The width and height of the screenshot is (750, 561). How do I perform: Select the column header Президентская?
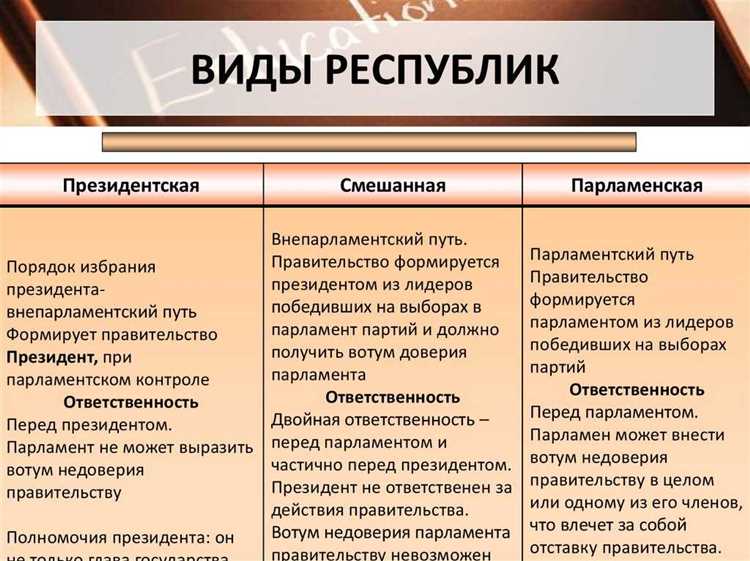[131, 186]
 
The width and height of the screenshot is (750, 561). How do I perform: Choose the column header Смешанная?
[393, 186]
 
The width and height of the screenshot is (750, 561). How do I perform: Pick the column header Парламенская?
[636, 186]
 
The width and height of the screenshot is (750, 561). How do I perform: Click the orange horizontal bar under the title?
[369, 142]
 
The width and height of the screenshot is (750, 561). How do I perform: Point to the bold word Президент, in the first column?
[50, 357]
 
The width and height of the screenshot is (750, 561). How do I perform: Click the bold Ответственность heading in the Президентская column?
[131, 403]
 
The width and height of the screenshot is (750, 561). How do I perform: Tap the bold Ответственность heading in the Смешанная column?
[393, 397]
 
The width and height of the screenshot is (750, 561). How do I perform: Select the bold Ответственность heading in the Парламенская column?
[636, 389]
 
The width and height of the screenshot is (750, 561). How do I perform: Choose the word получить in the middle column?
[306, 351]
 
